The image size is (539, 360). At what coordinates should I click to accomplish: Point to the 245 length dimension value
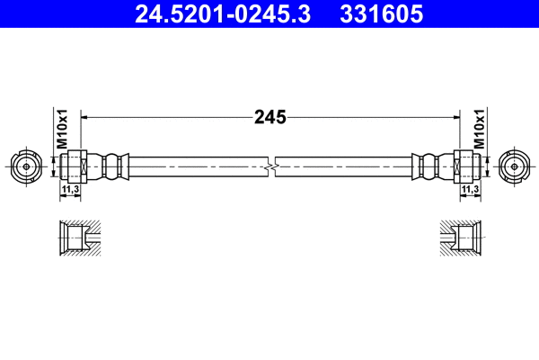pyautogui.click(x=269, y=116)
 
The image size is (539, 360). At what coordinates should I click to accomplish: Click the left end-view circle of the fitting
pyautogui.click(x=24, y=166)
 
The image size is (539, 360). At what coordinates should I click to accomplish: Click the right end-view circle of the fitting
pyautogui.click(x=514, y=166)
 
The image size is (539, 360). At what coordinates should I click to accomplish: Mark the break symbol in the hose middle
pyautogui.click(x=271, y=166)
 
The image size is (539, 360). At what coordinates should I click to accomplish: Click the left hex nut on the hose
pyautogui.click(x=77, y=166)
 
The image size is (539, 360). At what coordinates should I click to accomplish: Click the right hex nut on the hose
pyautogui.click(x=462, y=166)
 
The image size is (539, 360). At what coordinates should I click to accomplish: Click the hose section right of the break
pyautogui.click(x=346, y=166)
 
